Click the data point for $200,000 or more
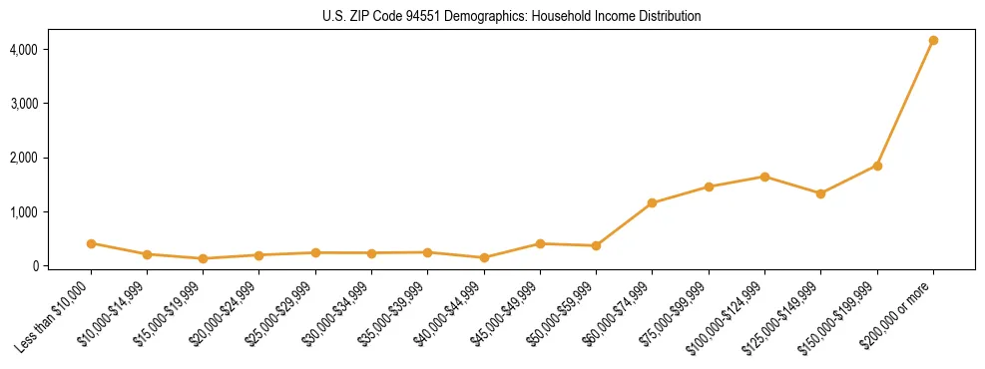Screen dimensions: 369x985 coord(933,40)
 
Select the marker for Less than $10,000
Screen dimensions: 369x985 coord(91,243)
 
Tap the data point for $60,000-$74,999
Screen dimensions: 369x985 coord(652,203)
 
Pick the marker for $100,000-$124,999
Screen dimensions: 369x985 coord(764,177)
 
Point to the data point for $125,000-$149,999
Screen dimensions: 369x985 coord(820,193)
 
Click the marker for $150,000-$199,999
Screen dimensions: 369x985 coord(877,166)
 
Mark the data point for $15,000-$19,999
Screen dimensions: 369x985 coord(203,258)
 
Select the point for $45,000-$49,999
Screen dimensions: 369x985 coord(540,243)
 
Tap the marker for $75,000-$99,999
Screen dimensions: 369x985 coord(709,186)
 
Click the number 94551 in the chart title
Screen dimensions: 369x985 coord(424,17)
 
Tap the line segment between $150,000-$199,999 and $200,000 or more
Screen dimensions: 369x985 coord(905,103)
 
